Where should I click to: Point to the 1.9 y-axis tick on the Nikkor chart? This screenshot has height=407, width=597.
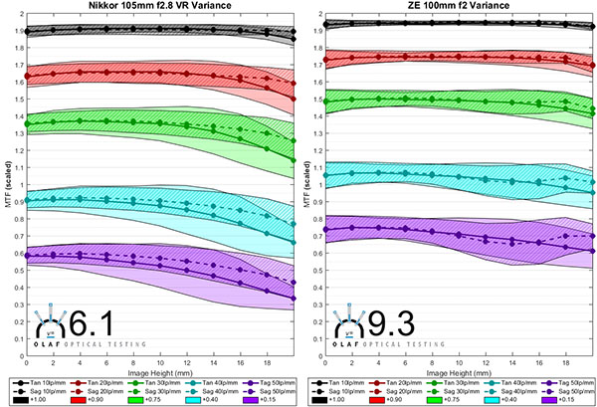click(17, 32)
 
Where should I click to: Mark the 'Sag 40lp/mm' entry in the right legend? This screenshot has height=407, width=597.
click(504, 389)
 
